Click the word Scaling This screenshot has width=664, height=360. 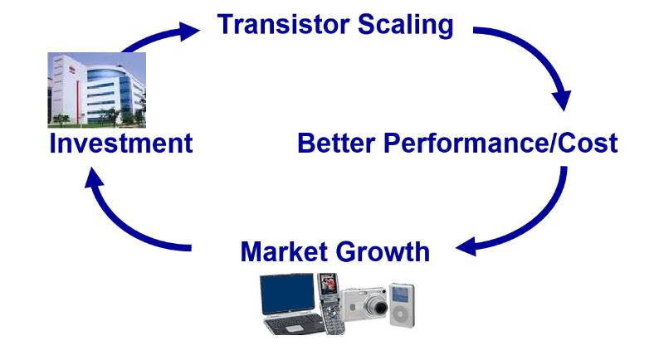[407, 25]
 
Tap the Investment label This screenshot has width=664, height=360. [121, 143]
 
